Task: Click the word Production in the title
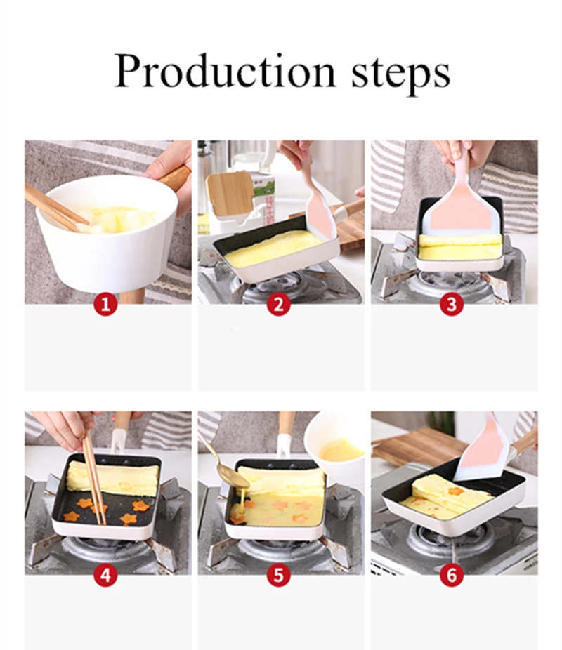click(x=224, y=72)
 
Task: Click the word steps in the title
click(x=400, y=74)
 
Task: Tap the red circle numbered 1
click(x=106, y=305)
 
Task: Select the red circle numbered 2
click(x=279, y=305)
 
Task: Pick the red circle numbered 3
click(x=452, y=305)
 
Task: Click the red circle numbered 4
click(x=106, y=576)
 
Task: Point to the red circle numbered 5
click(x=279, y=576)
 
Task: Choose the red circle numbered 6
click(x=452, y=576)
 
